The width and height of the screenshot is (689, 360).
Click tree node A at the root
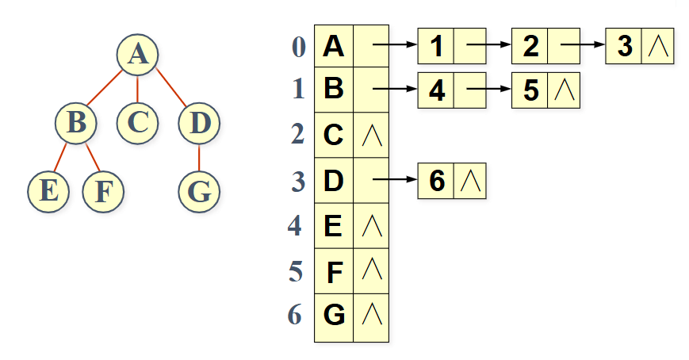point(138,54)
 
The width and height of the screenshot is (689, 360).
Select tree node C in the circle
point(138,122)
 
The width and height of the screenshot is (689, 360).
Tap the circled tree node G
point(198,190)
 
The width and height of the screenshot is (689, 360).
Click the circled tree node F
point(102,190)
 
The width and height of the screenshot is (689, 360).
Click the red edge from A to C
point(138,88)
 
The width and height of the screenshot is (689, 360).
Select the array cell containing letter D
point(334,181)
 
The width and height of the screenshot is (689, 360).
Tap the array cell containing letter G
point(334,316)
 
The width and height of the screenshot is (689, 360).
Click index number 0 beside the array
point(298,47)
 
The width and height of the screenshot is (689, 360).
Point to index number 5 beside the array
point(297,272)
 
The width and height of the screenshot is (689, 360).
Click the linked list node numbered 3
point(625,47)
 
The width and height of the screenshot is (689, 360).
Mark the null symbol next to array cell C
point(371,136)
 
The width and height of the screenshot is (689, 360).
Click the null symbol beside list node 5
point(563,90)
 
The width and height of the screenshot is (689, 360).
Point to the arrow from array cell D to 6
point(395,182)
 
